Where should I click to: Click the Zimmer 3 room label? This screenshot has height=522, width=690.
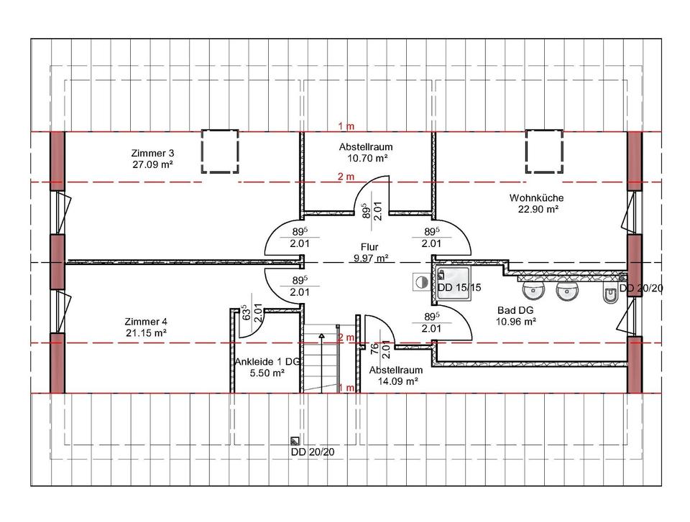pos(152,153)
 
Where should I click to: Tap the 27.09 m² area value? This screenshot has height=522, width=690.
pos(152,164)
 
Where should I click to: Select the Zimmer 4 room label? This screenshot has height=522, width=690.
pos(146,322)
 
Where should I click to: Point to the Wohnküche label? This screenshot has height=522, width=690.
pos(536,198)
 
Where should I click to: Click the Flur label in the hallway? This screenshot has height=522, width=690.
pos(369,247)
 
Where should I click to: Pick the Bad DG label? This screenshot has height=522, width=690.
pos(515,310)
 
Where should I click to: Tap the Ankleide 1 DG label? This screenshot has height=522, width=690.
pos(267,361)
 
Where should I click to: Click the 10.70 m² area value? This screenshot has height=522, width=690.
pos(367,158)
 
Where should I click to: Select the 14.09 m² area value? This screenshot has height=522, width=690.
pos(397,381)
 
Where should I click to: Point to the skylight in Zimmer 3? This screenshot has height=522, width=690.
pos(220,152)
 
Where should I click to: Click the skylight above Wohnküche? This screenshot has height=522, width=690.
pos(544,152)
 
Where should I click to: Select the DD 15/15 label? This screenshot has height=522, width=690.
pos(459,288)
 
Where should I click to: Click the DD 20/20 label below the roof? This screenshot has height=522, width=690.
pos(313,452)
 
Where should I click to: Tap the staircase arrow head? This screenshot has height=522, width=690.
pos(322,337)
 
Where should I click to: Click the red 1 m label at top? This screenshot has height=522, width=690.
pos(346,126)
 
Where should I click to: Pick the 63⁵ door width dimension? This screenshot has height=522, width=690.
pos(247,312)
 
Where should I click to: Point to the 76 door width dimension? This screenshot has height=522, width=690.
pos(374,349)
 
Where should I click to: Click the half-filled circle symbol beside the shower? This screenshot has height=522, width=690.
pos(422,282)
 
